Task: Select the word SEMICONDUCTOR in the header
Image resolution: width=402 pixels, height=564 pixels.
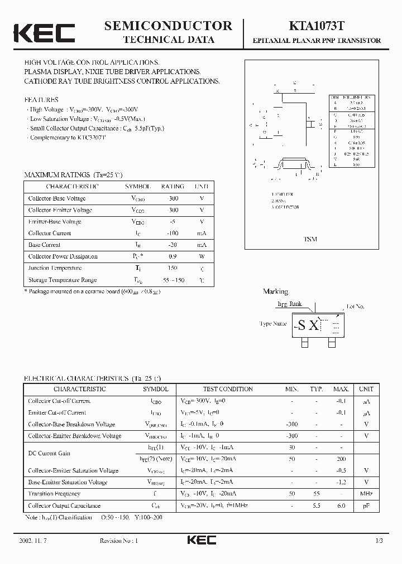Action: (x=168, y=25)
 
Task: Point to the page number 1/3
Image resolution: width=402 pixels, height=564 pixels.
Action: (x=379, y=541)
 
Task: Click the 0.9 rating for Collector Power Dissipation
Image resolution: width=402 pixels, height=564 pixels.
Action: (x=173, y=256)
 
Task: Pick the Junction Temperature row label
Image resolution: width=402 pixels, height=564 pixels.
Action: (x=55, y=268)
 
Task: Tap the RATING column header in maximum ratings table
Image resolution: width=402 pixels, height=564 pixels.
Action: (x=173, y=186)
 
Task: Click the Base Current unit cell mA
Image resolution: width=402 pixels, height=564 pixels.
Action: (x=202, y=245)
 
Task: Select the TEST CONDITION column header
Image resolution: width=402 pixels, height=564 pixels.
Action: (x=228, y=389)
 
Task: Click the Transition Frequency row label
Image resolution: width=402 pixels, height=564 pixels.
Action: (x=54, y=494)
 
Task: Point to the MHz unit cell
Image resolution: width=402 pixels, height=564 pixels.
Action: (x=366, y=494)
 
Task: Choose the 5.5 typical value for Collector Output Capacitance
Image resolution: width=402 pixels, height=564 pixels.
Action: (x=317, y=505)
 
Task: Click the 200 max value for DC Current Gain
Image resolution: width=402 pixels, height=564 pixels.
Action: (x=341, y=459)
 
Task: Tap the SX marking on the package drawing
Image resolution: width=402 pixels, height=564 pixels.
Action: (x=309, y=325)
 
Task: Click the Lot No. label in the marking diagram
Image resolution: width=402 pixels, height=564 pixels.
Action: (x=356, y=307)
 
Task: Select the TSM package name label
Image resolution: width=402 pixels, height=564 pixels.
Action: (x=310, y=239)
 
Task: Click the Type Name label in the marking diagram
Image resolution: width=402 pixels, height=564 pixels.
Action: (x=272, y=323)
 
